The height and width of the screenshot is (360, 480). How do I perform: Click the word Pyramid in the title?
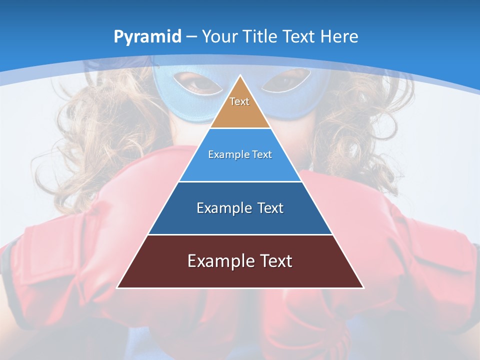tap(147, 37)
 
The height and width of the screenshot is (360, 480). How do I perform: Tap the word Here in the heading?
tap(339, 36)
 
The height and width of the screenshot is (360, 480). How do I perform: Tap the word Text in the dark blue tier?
tap(270, 208)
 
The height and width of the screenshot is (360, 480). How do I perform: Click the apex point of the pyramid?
tap(240, 76)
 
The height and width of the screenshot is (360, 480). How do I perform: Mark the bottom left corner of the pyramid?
tap(117, 287)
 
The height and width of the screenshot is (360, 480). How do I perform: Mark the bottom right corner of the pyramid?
tap(363, 287)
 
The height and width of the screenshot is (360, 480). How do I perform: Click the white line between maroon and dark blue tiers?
tap(240, 234)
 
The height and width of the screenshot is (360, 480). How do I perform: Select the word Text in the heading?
tap(300, 36)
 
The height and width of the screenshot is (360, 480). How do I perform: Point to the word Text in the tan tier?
tap(239, 101)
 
